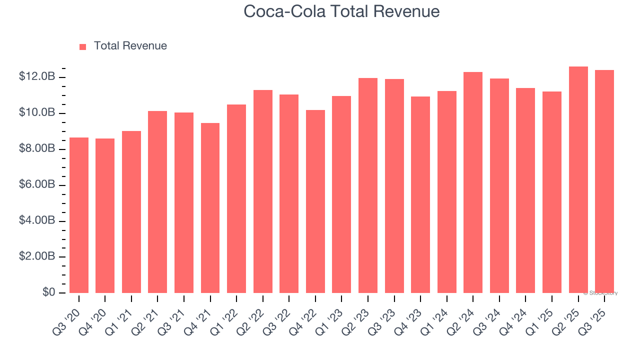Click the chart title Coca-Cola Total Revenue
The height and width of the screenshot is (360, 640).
[x=341, y=11]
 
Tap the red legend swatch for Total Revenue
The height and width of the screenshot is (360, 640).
[x=83, y=46]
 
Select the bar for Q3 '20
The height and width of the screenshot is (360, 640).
[x=79, y=215]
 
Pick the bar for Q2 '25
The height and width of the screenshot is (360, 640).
[x=578, y=179]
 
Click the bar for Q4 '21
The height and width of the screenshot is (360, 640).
[x=210, y=208]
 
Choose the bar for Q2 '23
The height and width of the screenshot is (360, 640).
[x=368, y=185]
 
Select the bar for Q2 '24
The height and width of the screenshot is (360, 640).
[x=473, y=182]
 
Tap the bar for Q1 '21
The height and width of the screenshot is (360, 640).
[x=131, y=212]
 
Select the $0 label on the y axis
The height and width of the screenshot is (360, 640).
[x=48, y=292]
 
